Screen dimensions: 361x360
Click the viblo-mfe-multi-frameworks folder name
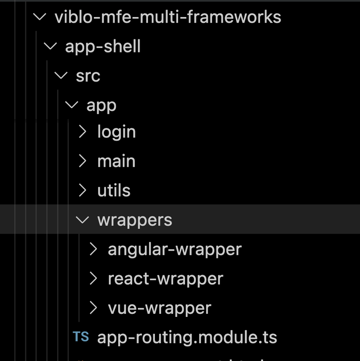pyautogui.click(x=168, y=17)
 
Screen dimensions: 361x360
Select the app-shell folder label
pyautogui.click(x=103, y=46)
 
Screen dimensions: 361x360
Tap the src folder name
pyautogui.click(x=88, y=76)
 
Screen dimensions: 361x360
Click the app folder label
pyautogui.click(x=101, y=105)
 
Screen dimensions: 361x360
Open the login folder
pyautogui.click(x=116, y=132)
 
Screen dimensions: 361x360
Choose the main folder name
pyautogui.click(x=116, y=162)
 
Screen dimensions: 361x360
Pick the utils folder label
pyautogui.click(x=113, y=191)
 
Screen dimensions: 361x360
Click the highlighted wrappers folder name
pyautogui.click(x=134, y=220)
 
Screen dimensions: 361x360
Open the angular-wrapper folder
pyautogui.click(x=175, y=249)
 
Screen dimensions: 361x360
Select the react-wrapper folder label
pyautogui.click(x=165, y=278)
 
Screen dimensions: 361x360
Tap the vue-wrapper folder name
pyautogui.click(x=159, y=308)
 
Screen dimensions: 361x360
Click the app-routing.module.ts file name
pyautogui.click(x=187, y=337)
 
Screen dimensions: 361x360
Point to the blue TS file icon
pyautogui.click(x=81, y=337)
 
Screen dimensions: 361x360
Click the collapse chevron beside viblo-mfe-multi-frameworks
pyautogui.click(x=40, y=17)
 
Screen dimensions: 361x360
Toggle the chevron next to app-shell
pyautogui.click(x=51, y=46)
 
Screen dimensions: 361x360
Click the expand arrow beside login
pyautogui.click(x=82, y=132)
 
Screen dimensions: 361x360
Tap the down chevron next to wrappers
pyautogui.click(x=82, y=220)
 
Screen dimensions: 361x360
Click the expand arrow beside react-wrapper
pyautogui.click(x=93, y=278)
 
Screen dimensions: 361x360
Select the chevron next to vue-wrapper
pyautogui.click(x=93, y=308)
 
